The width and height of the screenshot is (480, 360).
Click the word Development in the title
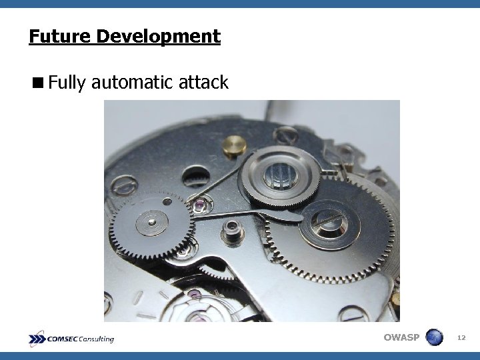click(158, 36)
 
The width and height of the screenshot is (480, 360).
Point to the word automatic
click(133, 83)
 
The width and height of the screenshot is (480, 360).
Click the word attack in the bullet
click(204, 83)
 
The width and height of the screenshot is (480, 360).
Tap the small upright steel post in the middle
click(233, 231)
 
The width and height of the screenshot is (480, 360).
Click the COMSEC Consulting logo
click(72, 339)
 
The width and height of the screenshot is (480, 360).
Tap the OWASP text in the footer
click(401, 337)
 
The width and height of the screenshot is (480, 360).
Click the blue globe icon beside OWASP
click(434, 337)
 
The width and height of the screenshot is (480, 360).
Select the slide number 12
click(461, 338)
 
